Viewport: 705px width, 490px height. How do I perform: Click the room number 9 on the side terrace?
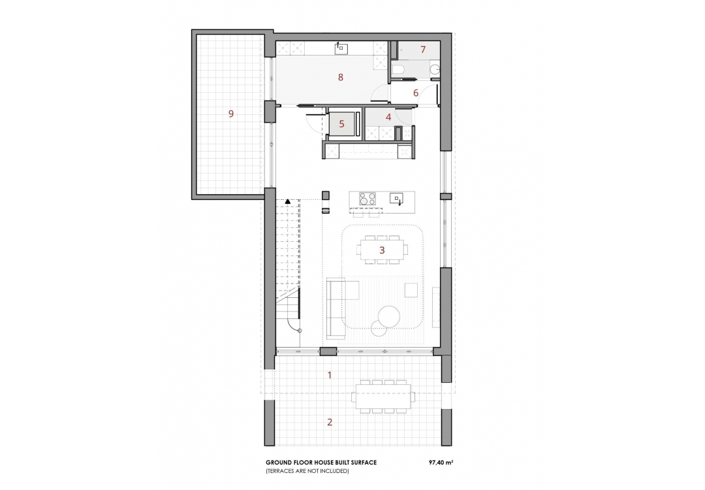[230, 114]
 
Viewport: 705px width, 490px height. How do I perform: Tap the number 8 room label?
[340, 77]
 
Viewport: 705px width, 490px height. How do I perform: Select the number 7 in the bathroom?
[422, 50]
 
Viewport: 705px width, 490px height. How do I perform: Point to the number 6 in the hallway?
[415, 93]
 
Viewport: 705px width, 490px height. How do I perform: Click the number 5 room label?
[341, 122]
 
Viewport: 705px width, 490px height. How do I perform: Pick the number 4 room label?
[388, 118]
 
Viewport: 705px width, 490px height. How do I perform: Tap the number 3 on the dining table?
[382, 250]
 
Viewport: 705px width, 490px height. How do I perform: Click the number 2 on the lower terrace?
[330, 422]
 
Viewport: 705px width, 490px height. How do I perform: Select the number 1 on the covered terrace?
[330, 375]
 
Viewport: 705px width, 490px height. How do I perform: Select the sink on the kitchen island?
[396, 197]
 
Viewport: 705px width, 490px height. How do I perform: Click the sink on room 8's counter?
[341, 48]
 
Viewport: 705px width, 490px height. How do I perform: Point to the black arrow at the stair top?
[287, 203]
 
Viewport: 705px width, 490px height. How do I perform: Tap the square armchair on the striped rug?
[411, 289]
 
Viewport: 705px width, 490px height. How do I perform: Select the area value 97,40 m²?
[441, 462]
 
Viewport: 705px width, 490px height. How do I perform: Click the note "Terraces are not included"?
[307, 471]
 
